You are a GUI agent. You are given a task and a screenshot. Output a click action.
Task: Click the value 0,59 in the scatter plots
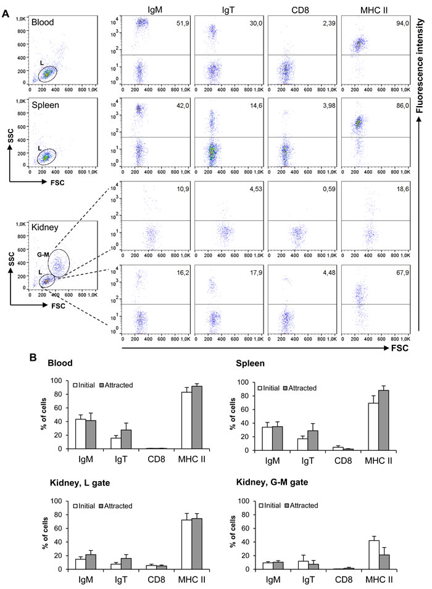[323, 189]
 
